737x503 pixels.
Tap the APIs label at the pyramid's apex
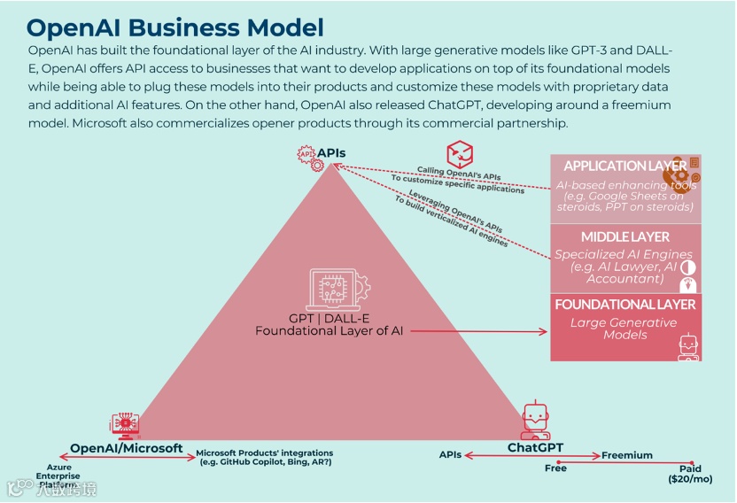tap(331, 152)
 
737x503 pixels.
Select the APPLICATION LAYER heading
tap(625, 166)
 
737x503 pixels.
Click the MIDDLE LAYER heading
tap(625, 236)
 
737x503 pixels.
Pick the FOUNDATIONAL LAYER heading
tap(625, 304)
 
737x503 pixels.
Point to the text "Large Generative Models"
tap(625, 329)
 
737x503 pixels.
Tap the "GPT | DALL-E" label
tap(329, 318)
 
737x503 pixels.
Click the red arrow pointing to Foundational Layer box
tap(478, 332)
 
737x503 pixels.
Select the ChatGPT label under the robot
tap(535, 447)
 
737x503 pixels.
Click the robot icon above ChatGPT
tap(534, 420)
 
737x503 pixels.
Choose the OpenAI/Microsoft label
tap(127, 448)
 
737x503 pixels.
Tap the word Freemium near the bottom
tap(627, 455)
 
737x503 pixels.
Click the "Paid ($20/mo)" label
tap(690, 474)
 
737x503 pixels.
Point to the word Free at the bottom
tap(555, 468)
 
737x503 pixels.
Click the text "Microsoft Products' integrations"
tap(265, 453)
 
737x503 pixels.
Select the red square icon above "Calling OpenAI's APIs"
tap(459, 153)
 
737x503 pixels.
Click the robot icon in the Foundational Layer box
tap(688, 348)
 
